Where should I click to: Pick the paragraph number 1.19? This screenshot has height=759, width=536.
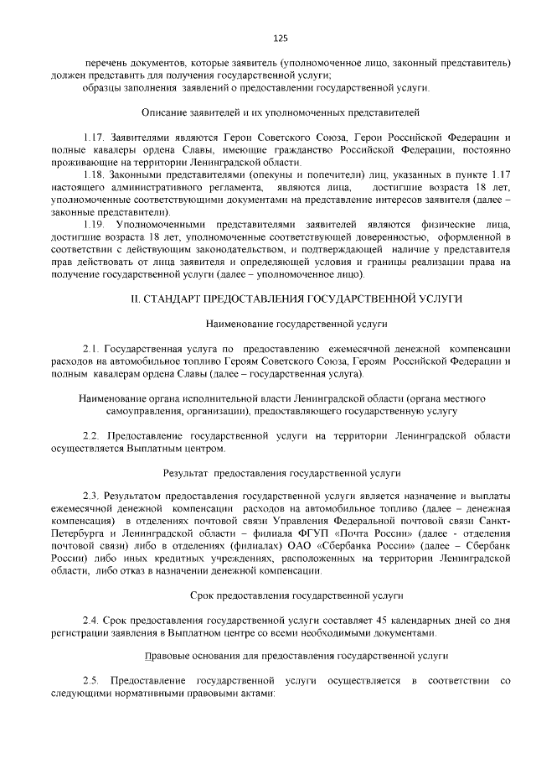point(94,225)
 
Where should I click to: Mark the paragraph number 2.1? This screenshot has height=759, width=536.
point(90,347)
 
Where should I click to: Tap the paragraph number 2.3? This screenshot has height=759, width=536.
point(90,496)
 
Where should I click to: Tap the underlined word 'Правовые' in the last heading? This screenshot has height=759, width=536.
point(165,657)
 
